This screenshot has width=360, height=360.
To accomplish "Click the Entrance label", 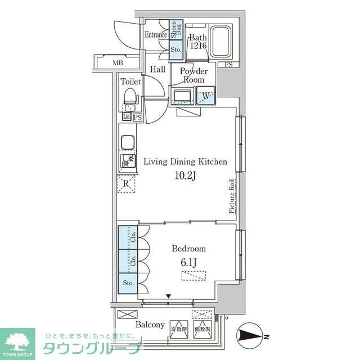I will [x=156, y=35].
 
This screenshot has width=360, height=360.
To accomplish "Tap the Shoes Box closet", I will [x=175, y=29].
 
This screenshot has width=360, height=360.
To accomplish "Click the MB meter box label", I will [x=117, y=63].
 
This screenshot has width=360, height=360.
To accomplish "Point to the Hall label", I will [x=157, y=70].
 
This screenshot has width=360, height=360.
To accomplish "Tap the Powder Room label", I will [x=193, y=75].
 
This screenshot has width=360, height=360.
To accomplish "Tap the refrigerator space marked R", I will [x=127, y=183].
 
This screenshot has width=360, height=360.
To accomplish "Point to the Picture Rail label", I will [x=231, y=196].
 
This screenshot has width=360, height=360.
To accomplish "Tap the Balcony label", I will [x=150, y=325].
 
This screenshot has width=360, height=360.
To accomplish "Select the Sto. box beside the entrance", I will [x=175, y=49].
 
